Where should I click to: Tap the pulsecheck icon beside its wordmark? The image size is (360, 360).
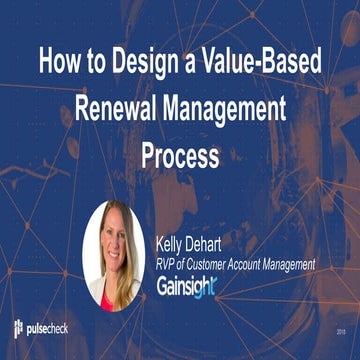tap(20, 328)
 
